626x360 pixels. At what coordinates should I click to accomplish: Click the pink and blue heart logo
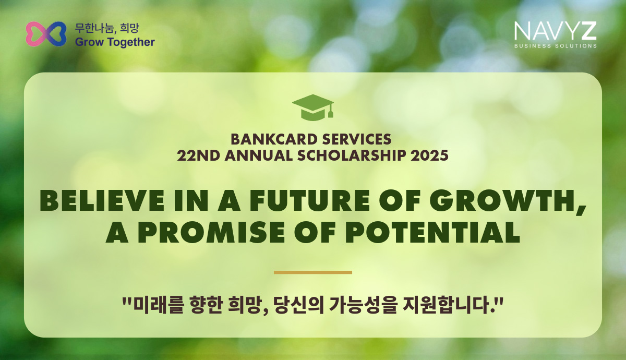[46, 34]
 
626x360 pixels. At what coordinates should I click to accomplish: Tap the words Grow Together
[115, 42]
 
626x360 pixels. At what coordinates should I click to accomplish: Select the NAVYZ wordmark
[555, 31]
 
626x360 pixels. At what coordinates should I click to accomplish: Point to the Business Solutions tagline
[556, 46]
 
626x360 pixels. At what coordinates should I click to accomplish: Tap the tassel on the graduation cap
[331, 111]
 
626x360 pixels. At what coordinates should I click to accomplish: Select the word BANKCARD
[274, 139]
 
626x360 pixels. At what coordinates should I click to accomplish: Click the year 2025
[429, 155]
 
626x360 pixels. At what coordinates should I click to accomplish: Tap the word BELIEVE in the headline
[102, 200]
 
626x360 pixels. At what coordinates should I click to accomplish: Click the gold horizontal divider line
[313, 272]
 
